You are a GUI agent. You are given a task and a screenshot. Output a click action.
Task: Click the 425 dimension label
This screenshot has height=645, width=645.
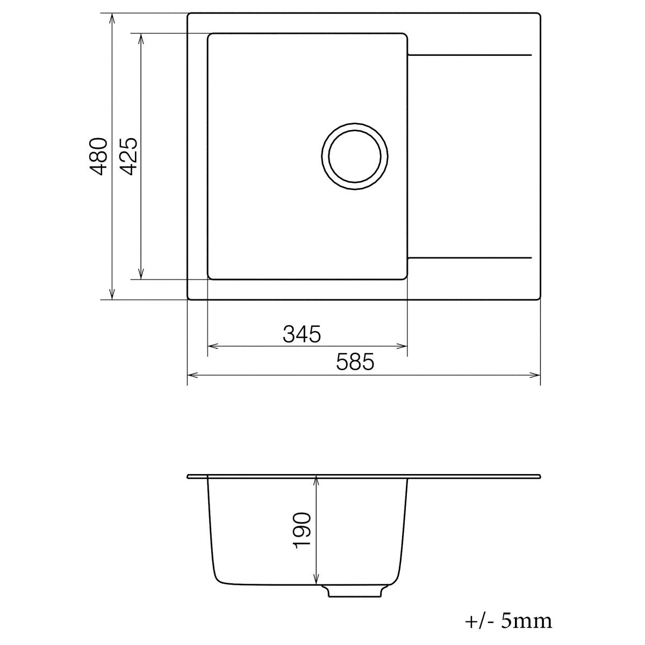(129, 156)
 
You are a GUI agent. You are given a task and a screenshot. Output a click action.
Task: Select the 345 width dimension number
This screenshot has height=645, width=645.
(302, 334)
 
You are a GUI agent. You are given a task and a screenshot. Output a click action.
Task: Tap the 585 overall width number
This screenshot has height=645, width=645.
(355, 362)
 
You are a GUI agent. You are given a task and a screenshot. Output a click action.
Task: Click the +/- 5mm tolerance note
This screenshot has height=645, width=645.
(508, 621)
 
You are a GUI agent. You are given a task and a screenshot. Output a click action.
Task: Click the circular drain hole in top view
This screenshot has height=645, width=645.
(355, 157)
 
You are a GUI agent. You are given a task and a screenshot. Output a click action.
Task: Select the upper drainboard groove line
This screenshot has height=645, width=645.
(470, 55)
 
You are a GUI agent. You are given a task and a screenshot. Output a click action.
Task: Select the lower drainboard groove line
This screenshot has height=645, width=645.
(470, 258)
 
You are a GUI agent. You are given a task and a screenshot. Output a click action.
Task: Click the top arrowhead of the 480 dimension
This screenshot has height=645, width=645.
(112, 17)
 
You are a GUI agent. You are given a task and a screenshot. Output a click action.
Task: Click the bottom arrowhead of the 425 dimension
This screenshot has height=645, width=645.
(141, 275)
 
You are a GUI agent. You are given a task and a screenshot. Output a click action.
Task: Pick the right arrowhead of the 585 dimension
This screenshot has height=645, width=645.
(536, 374)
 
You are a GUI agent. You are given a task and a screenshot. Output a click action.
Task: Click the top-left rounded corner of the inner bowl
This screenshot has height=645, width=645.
(211, 37)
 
